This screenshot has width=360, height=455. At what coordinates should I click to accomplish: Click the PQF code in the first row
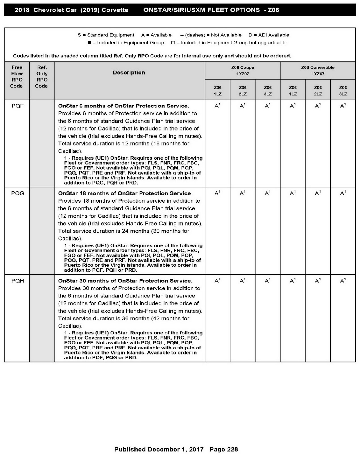[x=18, y=106]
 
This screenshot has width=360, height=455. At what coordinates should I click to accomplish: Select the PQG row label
[x=18, y=193]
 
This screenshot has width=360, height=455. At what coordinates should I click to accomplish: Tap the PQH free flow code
[x=18, y=281]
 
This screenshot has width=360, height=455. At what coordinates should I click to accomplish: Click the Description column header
[x=129, y=73]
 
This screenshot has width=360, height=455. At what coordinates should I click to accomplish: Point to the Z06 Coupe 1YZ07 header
[x=243, y=71]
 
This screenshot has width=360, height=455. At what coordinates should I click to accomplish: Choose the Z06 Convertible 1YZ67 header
[x=318, y=71]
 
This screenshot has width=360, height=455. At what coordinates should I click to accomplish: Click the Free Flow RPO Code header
[x=17, y=76]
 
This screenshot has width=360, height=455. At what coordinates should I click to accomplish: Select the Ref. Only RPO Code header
[x=42, y=76]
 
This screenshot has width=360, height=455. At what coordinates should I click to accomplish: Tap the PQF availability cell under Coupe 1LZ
[x=217, y=106]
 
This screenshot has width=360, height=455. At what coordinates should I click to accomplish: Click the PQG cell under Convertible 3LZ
[x=343, y=193]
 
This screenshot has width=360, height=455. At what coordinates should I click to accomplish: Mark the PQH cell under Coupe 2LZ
[x=242, y=281]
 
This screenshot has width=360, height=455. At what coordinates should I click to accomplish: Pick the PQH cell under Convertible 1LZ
[x=293, y=281]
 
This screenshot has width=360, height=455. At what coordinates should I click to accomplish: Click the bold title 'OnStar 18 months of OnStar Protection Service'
[x=124, y=193]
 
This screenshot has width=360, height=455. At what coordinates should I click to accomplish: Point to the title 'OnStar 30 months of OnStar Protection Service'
[x=124, y=281]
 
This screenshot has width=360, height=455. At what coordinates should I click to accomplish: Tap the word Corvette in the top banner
[x=115, y=10]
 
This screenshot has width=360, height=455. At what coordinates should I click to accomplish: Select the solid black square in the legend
[x=90, y=43]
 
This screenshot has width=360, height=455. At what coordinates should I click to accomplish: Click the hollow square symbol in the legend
[x=173, y=43]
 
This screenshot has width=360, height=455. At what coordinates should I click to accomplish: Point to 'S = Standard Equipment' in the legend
[x=106, y=35]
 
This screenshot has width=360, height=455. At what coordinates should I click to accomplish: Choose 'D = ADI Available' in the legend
[x=269, y=35]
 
